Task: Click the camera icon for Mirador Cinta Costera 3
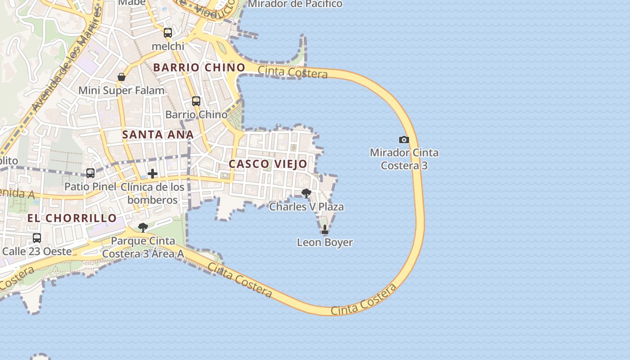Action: click(404, 139)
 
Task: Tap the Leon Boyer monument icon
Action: click(325, 230)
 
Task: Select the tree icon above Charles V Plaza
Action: click(306, 194)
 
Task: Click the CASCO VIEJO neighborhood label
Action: click(268, 164)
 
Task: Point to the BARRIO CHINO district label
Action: click(199, 67)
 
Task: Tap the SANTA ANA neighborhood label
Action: click(158, 135)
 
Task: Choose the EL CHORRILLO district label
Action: click(72, 218)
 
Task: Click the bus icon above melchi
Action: click(168, 32)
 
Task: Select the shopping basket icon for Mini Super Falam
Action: click(121, 77)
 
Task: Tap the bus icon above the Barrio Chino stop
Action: click(196, 101)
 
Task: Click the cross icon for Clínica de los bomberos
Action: click(153, 174)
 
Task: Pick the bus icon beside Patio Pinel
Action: click(90, 173)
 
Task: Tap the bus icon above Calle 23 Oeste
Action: click(37, 238)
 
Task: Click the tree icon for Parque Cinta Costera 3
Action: click(143, 228)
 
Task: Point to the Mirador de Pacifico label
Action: click(295, 4)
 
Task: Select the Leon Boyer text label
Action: click(325, 243)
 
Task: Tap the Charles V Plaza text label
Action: click(306, 207)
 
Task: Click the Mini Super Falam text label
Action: click(121, 90)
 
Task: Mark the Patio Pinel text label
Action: click(90, 186)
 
